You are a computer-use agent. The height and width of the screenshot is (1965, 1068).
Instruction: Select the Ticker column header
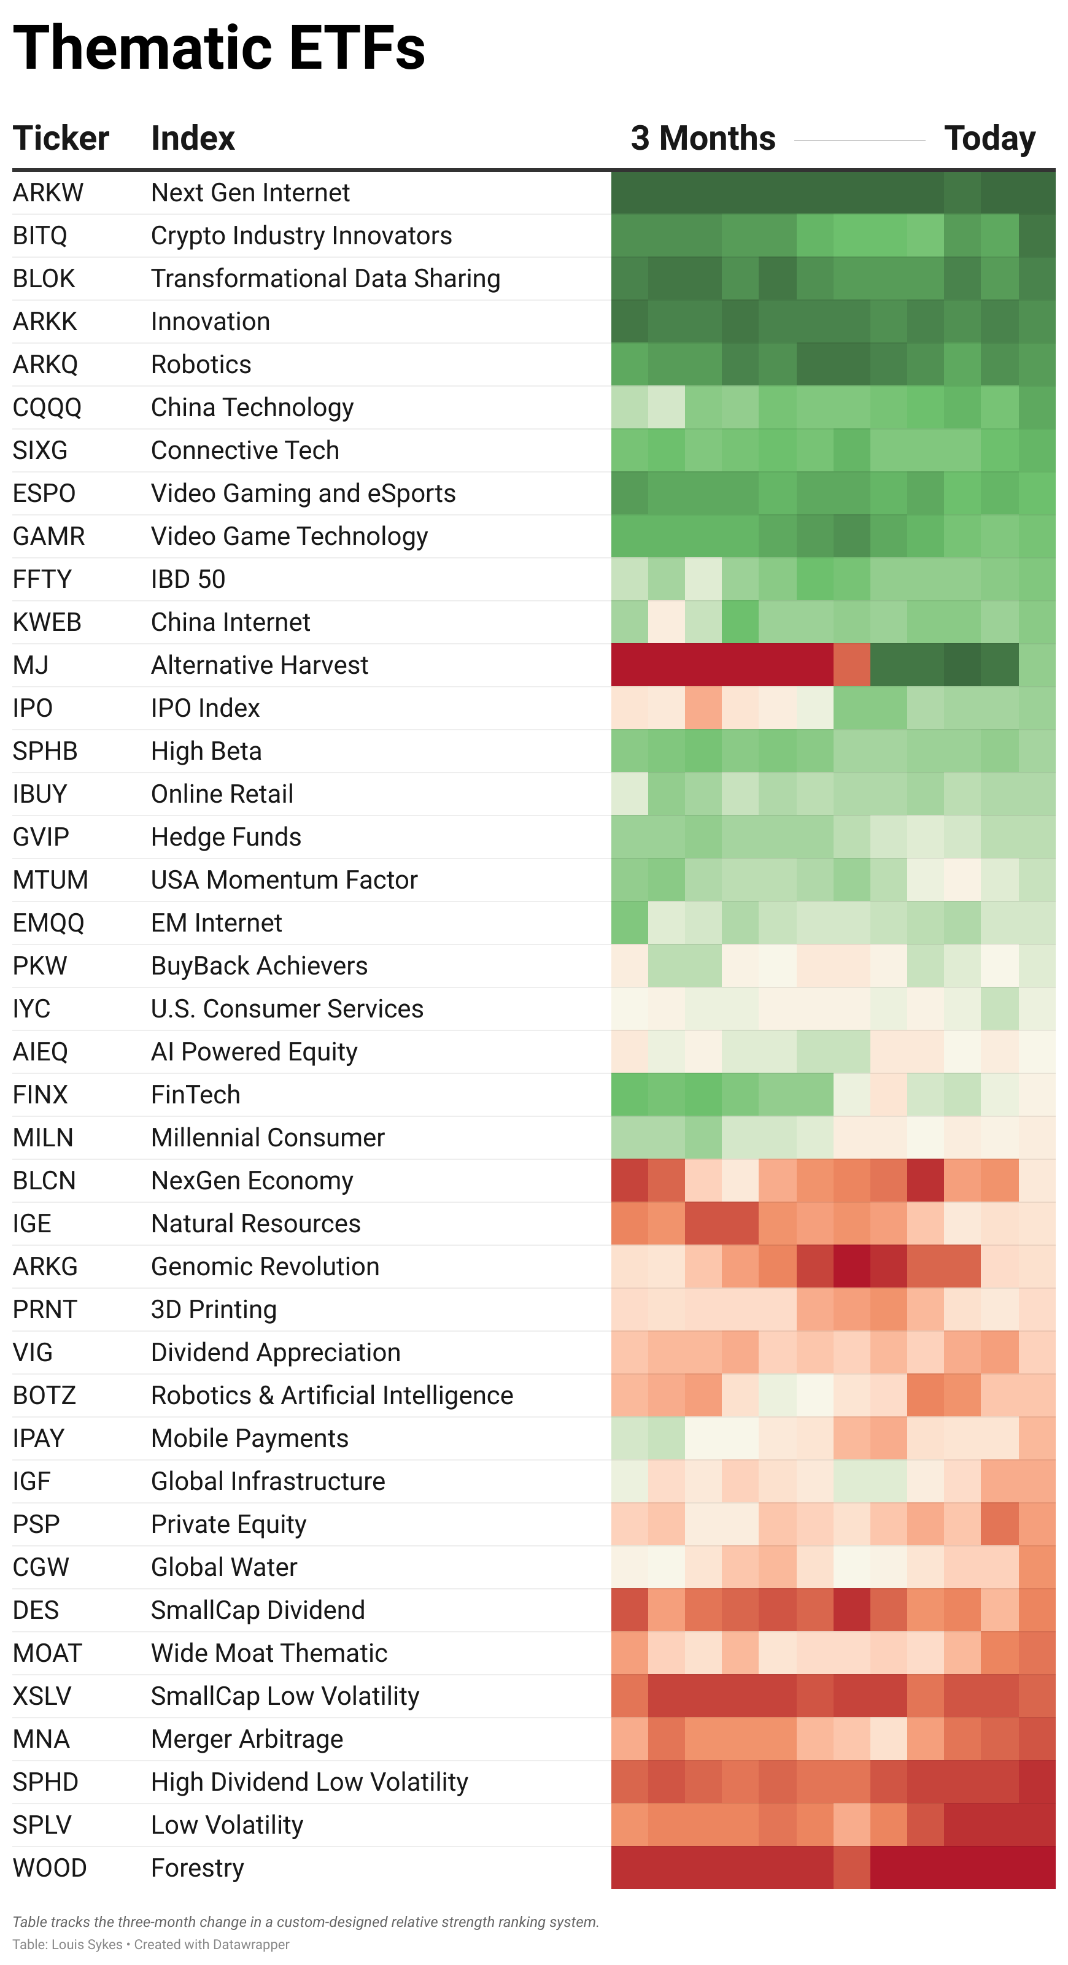click(x=61, y=138)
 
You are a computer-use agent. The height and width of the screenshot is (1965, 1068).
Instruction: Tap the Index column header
click(x=193, y=138)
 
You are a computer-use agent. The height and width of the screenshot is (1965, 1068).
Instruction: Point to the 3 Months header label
click(x=703, y=138)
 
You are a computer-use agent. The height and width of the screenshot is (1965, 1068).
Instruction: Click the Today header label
click(x=989, y=138)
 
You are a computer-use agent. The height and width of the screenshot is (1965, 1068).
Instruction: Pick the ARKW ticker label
click(x=48, y=193)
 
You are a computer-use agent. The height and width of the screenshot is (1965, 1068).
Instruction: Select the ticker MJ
click(x=31, y=665)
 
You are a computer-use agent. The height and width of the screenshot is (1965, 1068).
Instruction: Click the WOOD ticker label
click(x=50, y=1868)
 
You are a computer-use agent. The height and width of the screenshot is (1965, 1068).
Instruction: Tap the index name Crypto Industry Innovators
click(x=301, y=236)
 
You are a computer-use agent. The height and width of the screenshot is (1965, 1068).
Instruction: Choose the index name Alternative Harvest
click(x=260, y=665)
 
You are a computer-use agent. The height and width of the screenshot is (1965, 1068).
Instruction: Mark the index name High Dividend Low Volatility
click(x=309, y=1782)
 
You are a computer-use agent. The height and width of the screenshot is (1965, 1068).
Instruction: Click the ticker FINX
click(x=41, y=1095)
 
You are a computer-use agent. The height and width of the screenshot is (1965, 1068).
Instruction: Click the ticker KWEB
click(x=47, y=622)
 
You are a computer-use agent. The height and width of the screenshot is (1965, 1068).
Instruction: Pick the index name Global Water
click(x=223, y=1567)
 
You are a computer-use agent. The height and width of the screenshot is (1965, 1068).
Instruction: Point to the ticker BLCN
click(x=44, y=1181)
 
